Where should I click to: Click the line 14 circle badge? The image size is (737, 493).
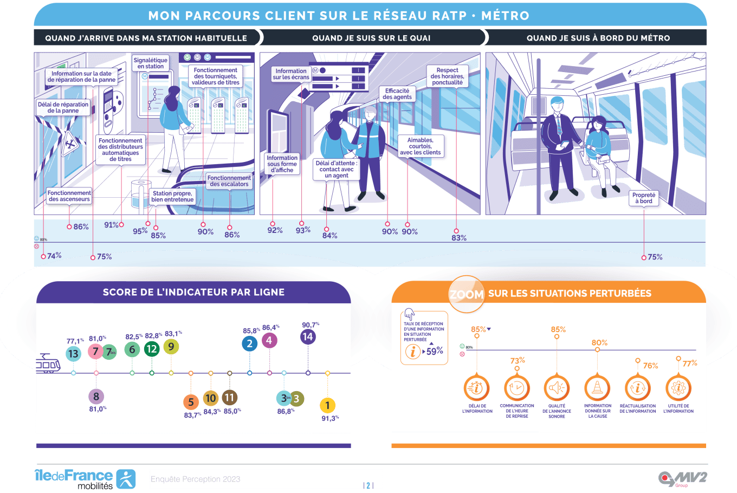click(308, 337)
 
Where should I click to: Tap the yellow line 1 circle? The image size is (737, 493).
click(327, 405)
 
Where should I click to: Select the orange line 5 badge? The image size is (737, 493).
click(191, 403)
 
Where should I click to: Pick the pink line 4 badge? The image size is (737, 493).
click(269, 341)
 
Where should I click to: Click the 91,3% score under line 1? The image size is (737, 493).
click(329, 418)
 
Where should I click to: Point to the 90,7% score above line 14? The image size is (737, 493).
click(310, 325)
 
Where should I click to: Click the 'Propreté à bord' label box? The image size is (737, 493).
click(644, 198)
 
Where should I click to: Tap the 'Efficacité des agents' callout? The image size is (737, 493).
click(397, 94)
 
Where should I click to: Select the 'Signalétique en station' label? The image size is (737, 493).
click(151, 63)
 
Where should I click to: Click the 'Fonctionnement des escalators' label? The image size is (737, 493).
click(229, 181)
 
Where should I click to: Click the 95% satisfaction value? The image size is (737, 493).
click(140, 231)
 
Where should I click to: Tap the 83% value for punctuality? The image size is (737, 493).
click(459, 238)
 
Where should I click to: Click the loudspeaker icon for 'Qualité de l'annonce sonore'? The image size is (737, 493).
click(557, 388)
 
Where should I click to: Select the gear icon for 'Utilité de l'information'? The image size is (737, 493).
click(678, 388)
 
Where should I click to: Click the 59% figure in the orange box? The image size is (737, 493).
click(435, 351)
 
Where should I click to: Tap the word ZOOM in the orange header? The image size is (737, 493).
click(467, 295)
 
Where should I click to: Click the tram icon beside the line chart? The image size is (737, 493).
click(48, 364)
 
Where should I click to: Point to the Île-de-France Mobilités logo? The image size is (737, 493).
click(85, 479)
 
